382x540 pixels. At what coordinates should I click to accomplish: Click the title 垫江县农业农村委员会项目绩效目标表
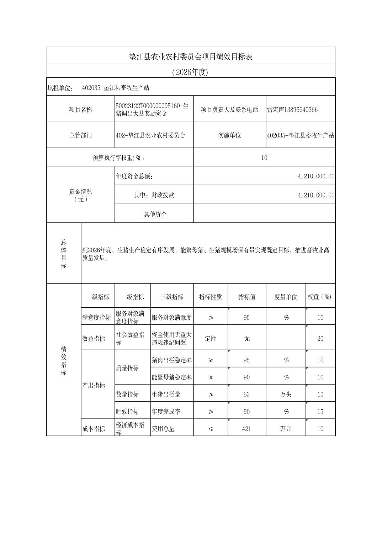point(191,57)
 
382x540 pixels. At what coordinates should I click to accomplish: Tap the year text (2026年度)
point(190,72)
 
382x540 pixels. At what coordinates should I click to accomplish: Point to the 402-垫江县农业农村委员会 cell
point(150,135)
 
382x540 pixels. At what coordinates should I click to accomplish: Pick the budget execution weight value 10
point(264,158)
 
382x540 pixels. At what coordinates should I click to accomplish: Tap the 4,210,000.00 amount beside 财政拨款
point(316,195)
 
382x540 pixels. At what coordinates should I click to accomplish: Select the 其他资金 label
point(155,214)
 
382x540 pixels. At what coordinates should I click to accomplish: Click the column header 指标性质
point(210,297)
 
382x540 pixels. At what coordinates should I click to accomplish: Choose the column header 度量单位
point(285,297)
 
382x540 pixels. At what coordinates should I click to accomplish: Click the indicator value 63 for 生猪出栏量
point(246,394)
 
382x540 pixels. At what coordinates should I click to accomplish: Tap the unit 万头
point(285,394)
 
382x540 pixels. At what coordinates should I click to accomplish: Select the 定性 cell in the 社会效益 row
point(210,339)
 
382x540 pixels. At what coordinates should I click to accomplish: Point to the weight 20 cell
point(320,339)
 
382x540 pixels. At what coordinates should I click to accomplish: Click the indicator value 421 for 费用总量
point(246,429)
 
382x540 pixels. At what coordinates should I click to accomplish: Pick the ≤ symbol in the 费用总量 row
point(210,429)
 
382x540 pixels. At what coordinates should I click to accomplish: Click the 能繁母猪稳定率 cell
point(172,377)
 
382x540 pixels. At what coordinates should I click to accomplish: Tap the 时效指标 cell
point(127,411)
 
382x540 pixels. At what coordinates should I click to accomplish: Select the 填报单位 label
point(60,88)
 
